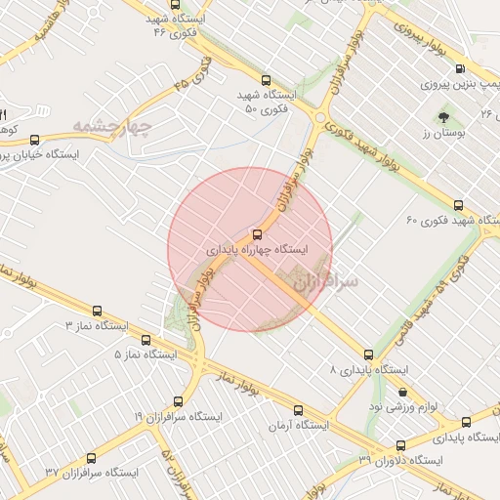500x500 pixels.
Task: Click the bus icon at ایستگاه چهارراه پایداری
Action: pyautogui.click(x=257, y=234)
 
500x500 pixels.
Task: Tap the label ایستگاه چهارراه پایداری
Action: pyautogui.click(x=257, y=250)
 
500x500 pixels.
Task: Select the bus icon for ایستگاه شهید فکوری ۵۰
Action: pyautogui.click(x=267, y=81)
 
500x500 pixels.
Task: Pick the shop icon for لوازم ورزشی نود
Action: pyautogui.click(x=404, y=392)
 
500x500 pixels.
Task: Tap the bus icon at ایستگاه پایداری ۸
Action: pyautogui.click(x=368, y=354)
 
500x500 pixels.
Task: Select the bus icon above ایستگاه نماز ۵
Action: pyautogui.click(x=146, y=340)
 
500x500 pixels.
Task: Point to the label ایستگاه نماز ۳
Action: pyautogui.click(x=98, y=323)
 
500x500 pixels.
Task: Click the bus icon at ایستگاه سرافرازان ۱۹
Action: pyautogui.click(x=177, y=400)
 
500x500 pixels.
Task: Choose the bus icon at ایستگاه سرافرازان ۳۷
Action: pyautogui.click(x=92, y=457)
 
